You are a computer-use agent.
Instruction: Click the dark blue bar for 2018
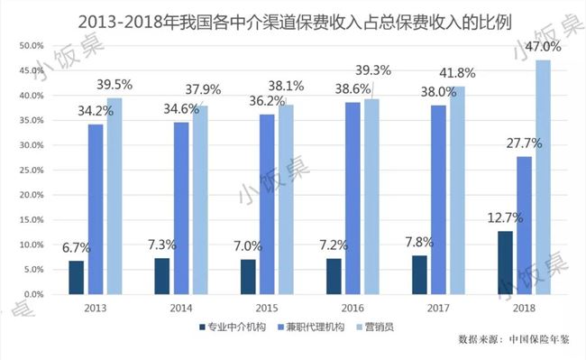506,263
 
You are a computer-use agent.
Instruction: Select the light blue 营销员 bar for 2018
544,177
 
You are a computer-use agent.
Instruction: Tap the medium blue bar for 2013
96,208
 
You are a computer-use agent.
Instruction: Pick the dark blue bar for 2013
77,277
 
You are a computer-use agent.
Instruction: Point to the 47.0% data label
544,45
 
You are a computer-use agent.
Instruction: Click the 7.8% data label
418,242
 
